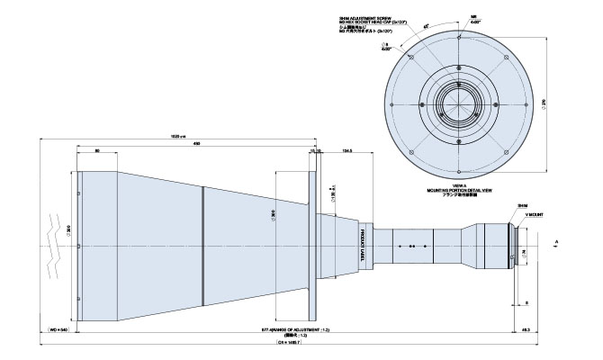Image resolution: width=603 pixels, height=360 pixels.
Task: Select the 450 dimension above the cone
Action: point(195,144)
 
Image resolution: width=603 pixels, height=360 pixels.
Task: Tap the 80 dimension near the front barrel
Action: point(97,151)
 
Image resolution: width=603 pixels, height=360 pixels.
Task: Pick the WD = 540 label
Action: point(58,330)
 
